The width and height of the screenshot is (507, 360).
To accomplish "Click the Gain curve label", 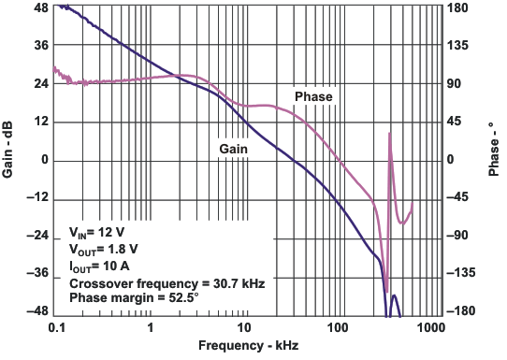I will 233,149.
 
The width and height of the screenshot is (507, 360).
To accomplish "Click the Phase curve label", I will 313,96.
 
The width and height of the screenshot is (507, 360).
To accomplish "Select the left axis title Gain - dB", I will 9,159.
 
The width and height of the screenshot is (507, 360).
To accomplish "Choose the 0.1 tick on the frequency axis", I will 56,328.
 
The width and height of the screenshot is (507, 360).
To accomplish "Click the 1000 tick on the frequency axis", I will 430,328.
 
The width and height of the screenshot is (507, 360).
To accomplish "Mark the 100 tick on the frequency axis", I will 337,328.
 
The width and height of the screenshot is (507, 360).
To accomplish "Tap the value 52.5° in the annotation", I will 181,297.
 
